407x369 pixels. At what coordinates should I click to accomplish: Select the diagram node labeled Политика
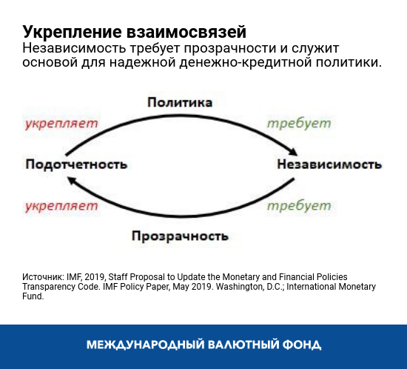pos(180,102)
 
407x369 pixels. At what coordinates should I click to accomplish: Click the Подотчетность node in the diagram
pos(76,163)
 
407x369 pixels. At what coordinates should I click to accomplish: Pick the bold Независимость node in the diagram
pos(329,163)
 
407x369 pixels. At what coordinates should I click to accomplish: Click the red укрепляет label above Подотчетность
pos(61,122)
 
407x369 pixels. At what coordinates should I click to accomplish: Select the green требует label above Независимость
pos(299,122)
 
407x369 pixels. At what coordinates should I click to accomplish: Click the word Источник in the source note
pos(42,276)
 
